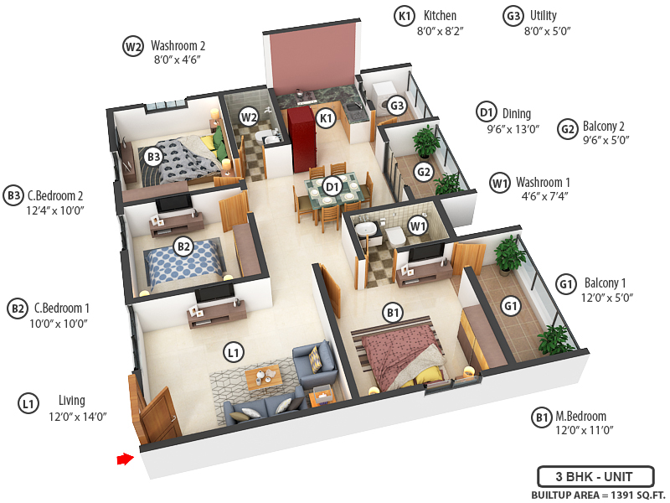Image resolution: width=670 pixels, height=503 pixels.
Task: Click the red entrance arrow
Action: [x=125, y=459]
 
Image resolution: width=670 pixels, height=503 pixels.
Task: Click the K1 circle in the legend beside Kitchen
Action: [x=405, y=16]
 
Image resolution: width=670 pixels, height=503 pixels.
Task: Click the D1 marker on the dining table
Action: [x=332, y=186]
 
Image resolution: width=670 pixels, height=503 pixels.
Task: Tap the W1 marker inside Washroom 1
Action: [x=418, y=225]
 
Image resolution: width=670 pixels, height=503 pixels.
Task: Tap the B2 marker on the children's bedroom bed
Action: [x=183, y=246]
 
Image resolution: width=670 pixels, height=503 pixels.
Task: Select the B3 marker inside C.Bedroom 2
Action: [x=153, y=156]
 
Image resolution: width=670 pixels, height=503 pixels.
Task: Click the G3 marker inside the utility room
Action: [x=397, y=106]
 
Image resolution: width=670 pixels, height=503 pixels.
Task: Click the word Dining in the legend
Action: [x=516, y=113]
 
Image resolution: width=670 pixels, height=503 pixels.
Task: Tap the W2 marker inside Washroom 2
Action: [x=249, y=117]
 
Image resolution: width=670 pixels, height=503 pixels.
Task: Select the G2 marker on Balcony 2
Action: [x=425, y=173]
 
